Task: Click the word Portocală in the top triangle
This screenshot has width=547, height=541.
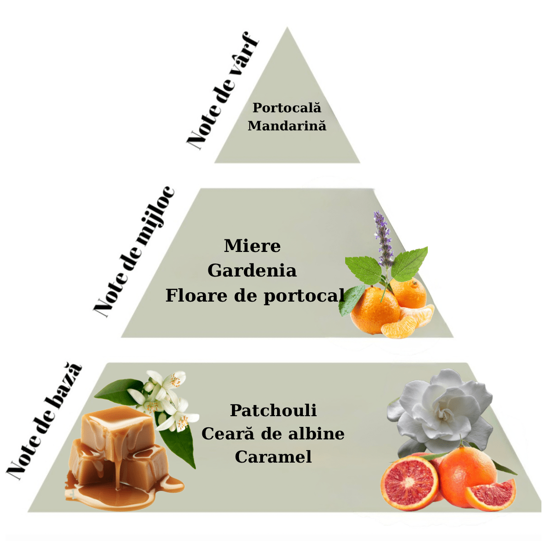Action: pos(287,108)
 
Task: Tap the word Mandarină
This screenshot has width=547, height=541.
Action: pos(287,126)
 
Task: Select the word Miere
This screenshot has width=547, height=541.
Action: pos(252,246)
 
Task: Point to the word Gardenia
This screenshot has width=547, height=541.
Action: pos(252,270)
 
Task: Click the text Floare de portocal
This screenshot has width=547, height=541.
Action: pos(255,296)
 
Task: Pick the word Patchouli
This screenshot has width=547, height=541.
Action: pos(274,411)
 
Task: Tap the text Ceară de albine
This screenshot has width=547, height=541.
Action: pos(273,434)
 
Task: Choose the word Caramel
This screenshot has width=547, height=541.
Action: pos(273,457)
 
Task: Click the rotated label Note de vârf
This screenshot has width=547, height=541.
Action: pos(223,90)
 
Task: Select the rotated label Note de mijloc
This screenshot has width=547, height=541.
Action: pos(134,252)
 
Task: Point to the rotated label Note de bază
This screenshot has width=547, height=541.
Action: pos(44,421)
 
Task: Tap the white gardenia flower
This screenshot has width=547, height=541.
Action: pos(440,412)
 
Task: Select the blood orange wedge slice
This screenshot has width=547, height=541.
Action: pos(491,495)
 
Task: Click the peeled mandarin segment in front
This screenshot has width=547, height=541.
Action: pos(399,327)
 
